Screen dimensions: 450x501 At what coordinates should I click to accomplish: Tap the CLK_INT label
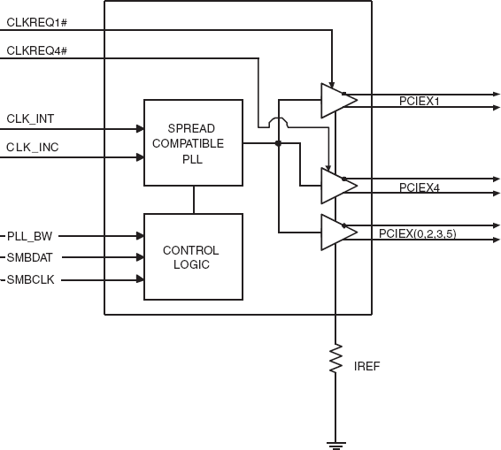click(31, 118)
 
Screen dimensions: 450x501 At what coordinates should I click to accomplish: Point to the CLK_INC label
click(33, 147)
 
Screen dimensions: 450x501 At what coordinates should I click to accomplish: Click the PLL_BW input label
click(29, 236)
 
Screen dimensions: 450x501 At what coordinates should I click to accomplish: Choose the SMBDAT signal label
click(30, 258)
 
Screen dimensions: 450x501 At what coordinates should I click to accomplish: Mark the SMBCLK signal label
click(30, 280)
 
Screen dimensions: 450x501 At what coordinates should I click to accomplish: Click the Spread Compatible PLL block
click(193, 142)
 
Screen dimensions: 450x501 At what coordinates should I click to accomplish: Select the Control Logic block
click(193, 257)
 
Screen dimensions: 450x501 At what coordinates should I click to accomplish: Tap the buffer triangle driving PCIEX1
click(335, 101)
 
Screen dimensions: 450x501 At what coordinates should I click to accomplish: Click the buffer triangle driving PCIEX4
click(335, 186)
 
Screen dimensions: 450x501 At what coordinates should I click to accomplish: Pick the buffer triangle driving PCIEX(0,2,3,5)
click(335, 232)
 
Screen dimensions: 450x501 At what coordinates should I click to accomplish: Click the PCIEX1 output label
click(420, 102)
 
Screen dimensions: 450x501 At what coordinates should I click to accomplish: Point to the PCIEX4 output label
click(420, 187)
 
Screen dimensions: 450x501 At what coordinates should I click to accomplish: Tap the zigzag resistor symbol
click(335, 361)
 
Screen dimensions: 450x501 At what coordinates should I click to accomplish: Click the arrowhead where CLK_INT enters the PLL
click(140, 129)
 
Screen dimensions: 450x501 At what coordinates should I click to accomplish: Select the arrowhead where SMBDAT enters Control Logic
click(140, 258)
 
